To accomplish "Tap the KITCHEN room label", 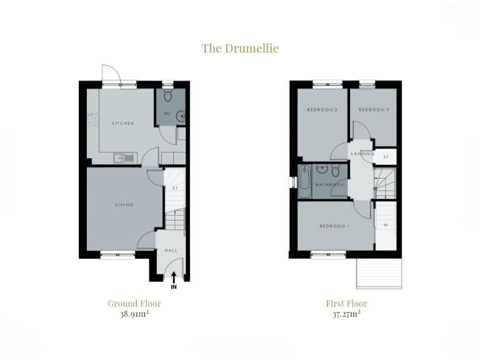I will tap(123, 124).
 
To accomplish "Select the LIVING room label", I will tap(124, 205).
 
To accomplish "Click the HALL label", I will tap(171, 251).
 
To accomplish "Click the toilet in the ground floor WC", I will tap(167, 96).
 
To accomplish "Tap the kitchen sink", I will tap(122, 158).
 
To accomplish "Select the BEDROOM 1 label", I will tap(334, 226).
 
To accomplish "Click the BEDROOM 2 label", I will tap(322, 110).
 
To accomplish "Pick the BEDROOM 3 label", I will tap(374, 110).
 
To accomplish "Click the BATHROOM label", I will tap(330, 185).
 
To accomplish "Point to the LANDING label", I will tap(362, 154).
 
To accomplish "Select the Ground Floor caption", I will tap(134, 304).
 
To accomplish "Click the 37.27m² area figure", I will tap(346, 314).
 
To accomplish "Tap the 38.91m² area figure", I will tap(134, 314).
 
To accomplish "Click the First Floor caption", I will tap(346, 304).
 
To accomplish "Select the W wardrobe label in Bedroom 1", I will tap(385, 226).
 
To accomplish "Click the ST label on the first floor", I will tap(386, 157).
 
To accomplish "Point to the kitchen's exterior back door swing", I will tap(109, 74).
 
